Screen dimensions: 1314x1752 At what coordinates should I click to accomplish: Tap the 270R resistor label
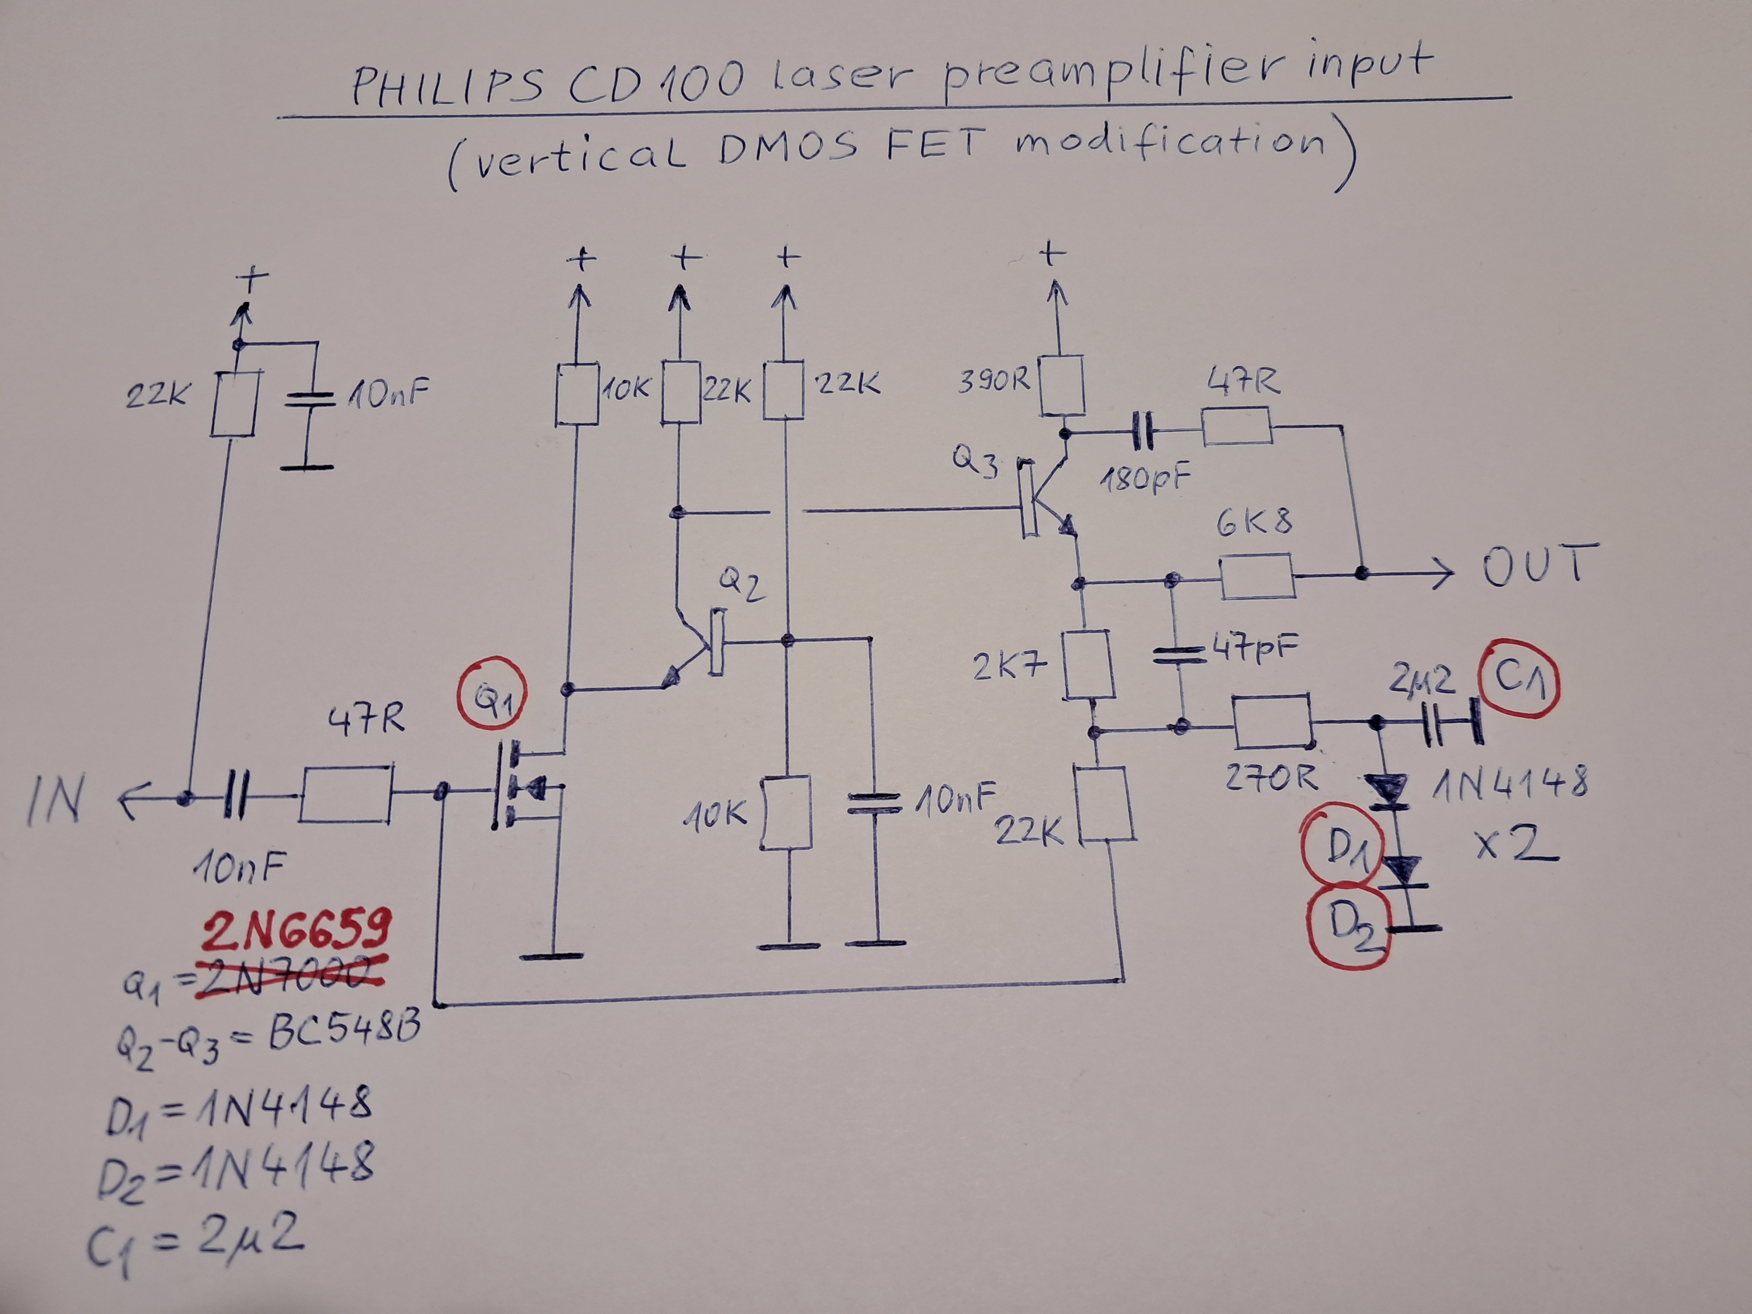1271,779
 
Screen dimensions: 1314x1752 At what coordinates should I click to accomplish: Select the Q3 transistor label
975,462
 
